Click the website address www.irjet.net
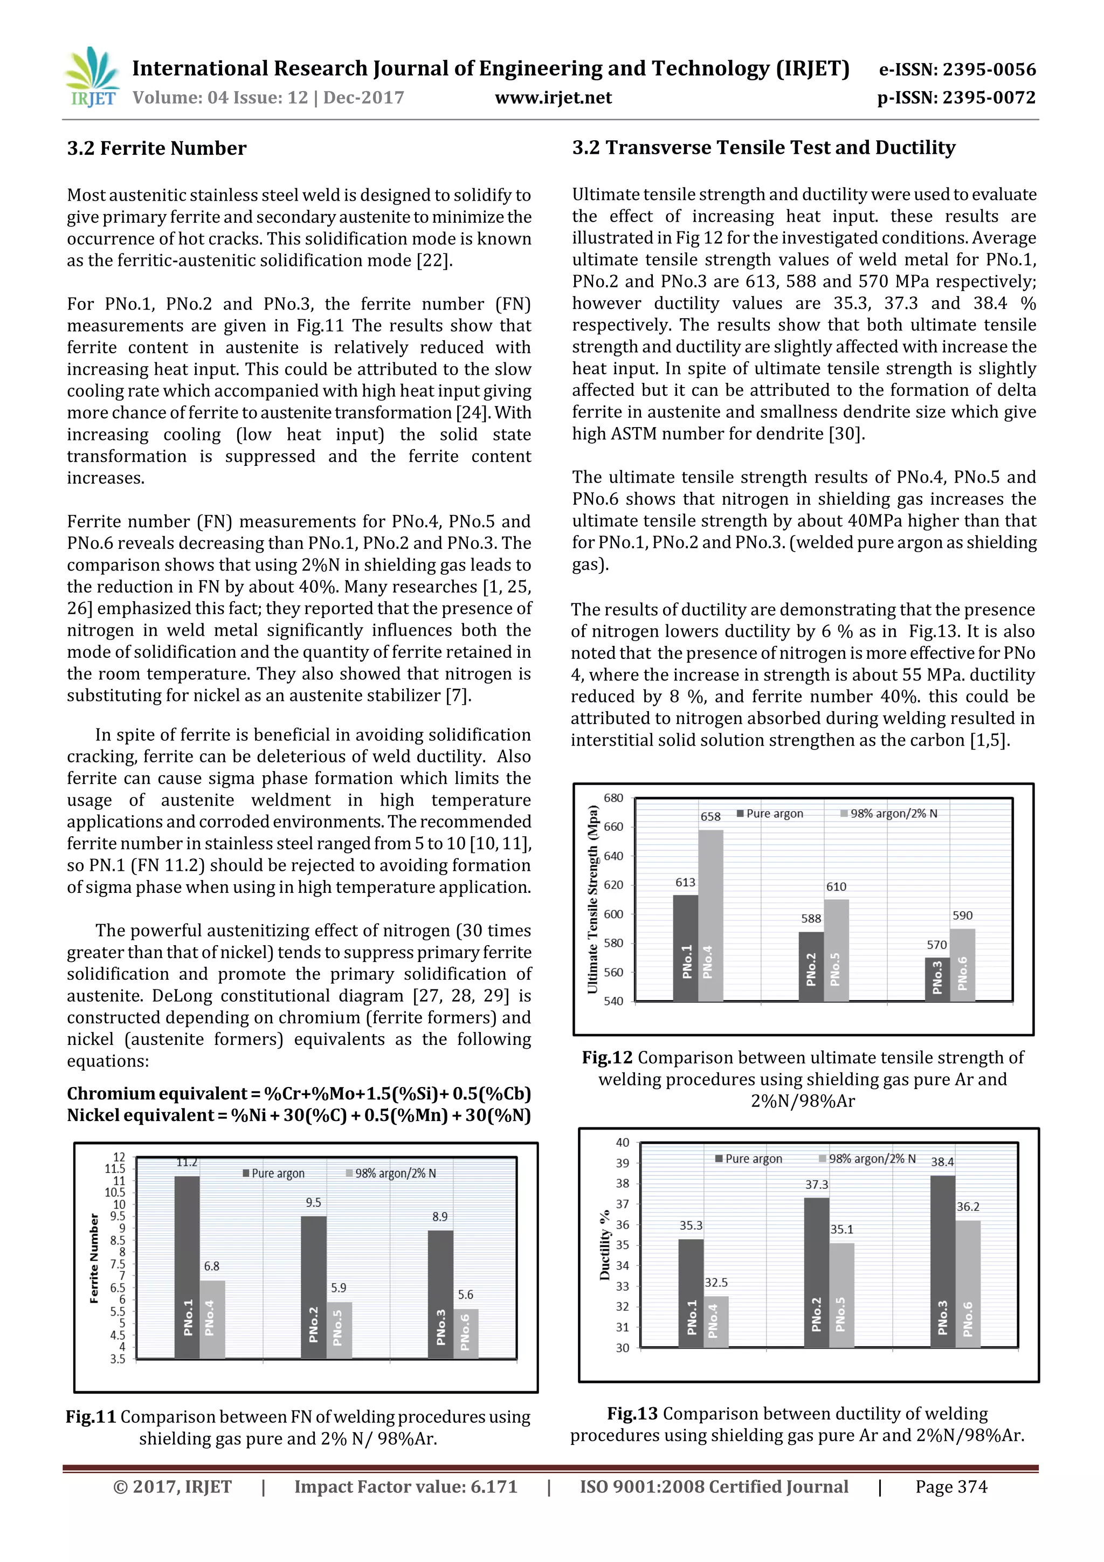553,98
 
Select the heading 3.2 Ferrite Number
156,148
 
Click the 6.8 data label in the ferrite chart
211,1266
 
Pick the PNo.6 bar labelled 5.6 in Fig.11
465,1333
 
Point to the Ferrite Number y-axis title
94,1258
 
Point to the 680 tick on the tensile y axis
613,798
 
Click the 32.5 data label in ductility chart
715,1282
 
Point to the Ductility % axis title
604,1245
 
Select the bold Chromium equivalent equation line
299,1093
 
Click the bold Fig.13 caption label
632,1414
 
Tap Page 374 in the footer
951,1487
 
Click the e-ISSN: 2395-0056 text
957,70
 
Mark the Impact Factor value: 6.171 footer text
405,1487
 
